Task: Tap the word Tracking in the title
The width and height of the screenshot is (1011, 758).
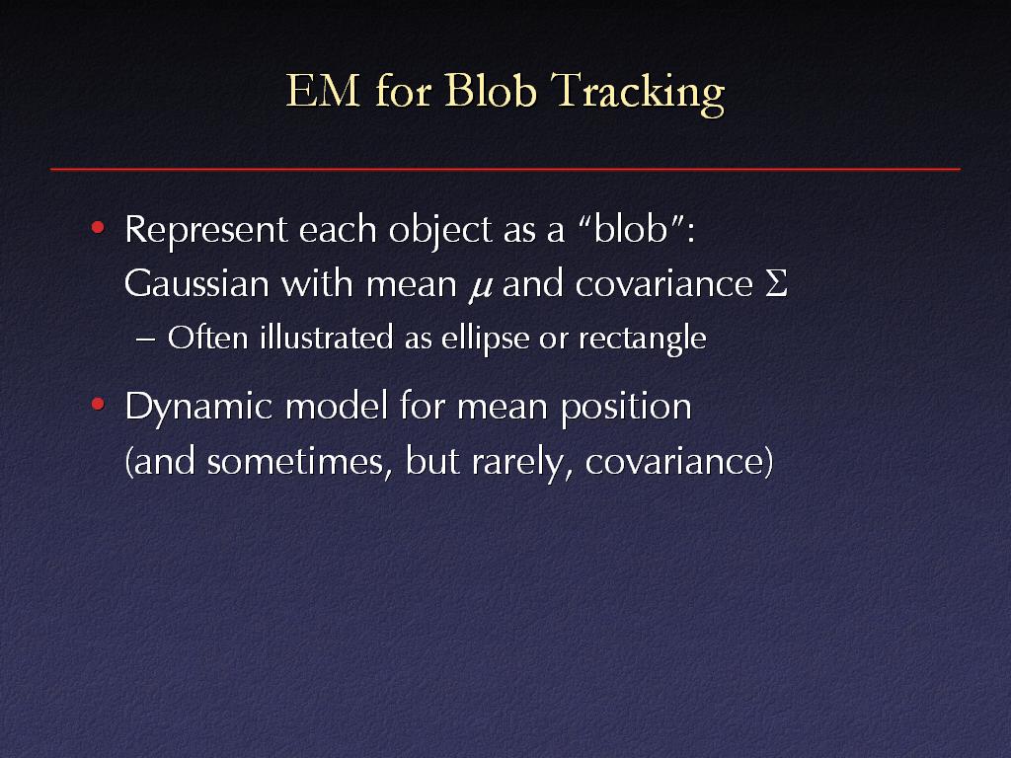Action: tap(638, 94)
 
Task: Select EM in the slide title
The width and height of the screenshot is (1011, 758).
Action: tap(323, 90)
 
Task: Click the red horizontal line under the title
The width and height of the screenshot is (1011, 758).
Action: tap(505, 169)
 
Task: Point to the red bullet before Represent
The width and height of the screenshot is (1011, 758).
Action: tap(98, 227)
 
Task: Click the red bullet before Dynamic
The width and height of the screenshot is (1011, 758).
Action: tap(98, 404)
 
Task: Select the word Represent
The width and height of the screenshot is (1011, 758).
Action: tap(205, 230)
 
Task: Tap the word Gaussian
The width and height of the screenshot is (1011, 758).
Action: tap(196, 283)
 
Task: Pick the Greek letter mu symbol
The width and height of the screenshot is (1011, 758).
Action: tap(480, 287)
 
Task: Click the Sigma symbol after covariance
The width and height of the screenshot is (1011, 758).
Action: tap(776, 283)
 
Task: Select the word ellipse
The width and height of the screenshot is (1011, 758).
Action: tap(485, 339)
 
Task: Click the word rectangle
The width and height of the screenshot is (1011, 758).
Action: tap(642, 339)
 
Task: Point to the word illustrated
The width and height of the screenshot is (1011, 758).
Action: tap(326, 338)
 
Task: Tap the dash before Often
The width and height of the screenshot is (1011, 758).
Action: tap(146, 340)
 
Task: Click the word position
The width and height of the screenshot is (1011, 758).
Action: tap(626, 408)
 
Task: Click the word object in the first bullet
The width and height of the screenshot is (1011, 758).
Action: tap(440, 230)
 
